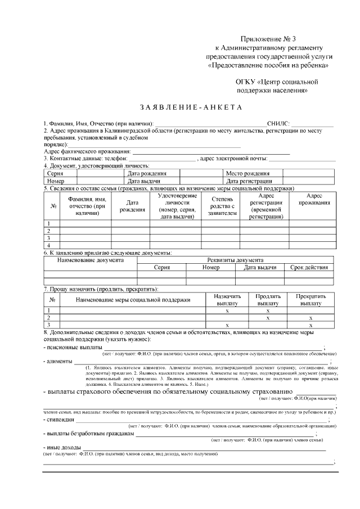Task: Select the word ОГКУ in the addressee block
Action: click(x=245, y=81)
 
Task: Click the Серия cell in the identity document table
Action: click(x=55, y=174)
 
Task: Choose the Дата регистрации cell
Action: click(x=249, y=181)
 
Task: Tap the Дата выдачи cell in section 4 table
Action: click(x=145, y=181)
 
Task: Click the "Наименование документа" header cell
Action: click(x=91, y=260)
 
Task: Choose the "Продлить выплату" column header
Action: click(x=268, y=299)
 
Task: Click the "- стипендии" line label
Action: click(x=59, y=420)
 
